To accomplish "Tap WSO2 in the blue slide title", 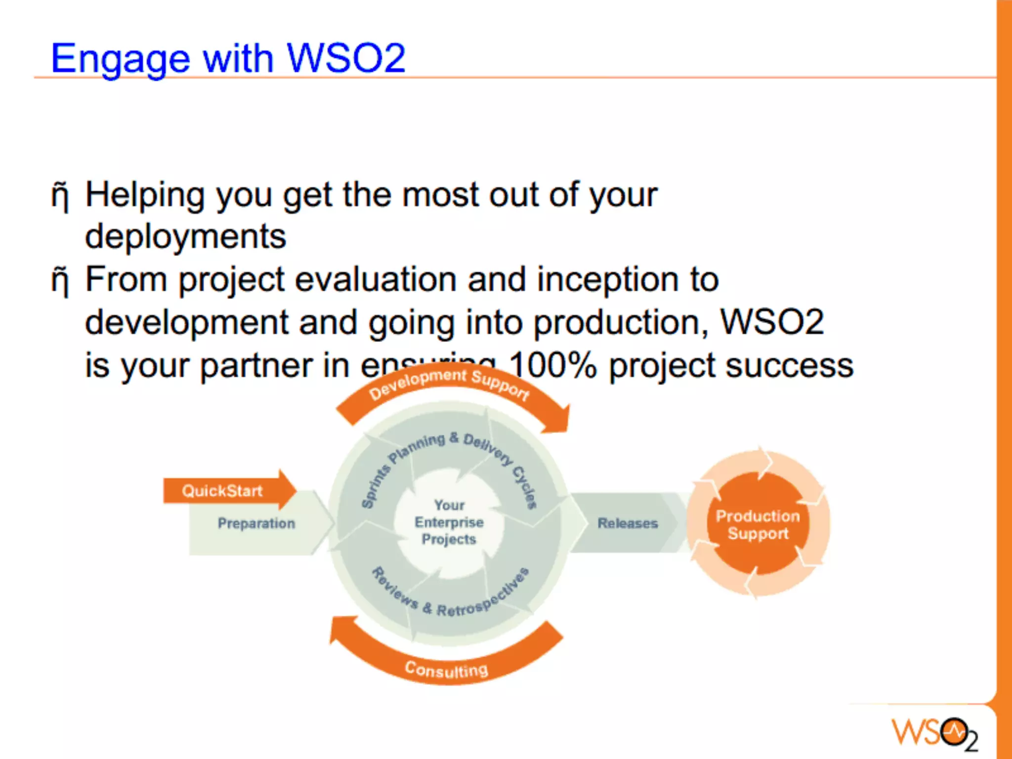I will pyautogui.click(x=346, y=58).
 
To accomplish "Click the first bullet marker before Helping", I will pyautogui.click(x=60, y=196).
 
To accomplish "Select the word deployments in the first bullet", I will pyautogui.click(x=185, y=237).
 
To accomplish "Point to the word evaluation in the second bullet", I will pyautogui.click(x=376, y=280).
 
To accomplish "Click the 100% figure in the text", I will pyautogui.click(x=552, y=366).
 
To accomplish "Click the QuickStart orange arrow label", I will pyautogui.click(x=222, y=491).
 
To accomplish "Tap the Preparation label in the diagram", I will pyautogui.click(x=256, y=523).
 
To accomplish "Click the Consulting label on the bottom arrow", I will pyautogui.click(x=446, y=670).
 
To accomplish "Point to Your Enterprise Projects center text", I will pyautogui.click(x=449, y=522).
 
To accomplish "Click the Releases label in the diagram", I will pyautogui.click(x=628, y=523).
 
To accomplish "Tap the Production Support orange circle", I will pyautogui.click(x=758, y=524).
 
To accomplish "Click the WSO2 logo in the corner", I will pyautogui.click(x=934, y=733).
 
